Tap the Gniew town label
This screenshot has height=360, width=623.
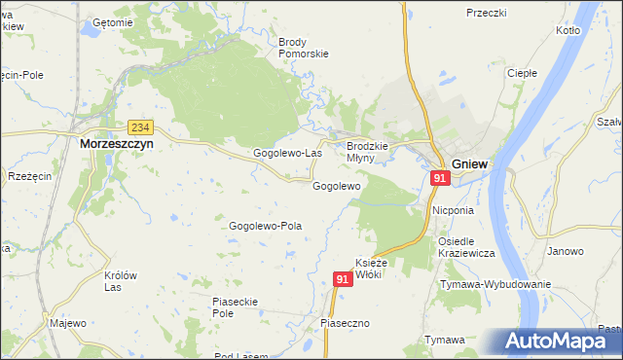click(x=469, y=163)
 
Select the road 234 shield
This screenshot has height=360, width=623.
click(x=140, y=127)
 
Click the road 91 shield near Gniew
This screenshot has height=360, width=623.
click(x=440, y=179)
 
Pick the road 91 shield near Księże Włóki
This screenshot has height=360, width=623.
click(x=342, y=279)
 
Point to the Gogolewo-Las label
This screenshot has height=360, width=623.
click(x=287, y=154)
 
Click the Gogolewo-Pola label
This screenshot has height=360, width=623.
click(x=265, y=226)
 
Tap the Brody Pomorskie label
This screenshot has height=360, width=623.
click(x=304, y=48)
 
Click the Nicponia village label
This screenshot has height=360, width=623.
click(x=453, y=209)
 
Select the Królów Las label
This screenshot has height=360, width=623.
click(x=120, y=281)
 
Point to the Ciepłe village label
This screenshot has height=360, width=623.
click(x=523, y=73)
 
